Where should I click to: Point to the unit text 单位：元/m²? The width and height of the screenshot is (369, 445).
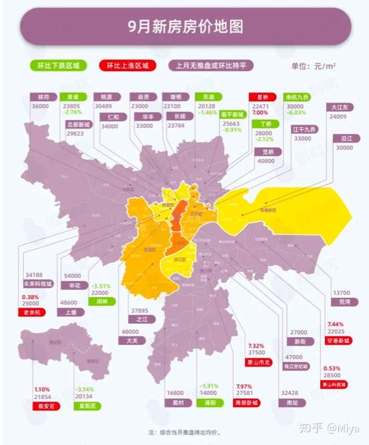(x=314, y=66)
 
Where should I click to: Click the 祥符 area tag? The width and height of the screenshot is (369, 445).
(x=42, y=97)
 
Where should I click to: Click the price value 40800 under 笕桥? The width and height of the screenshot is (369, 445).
(x=267, y=161)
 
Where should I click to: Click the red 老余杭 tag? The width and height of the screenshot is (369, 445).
(x=31, y=312)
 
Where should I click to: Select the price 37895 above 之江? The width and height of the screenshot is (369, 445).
(x=140, y=310)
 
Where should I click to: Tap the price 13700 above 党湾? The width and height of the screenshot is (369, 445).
(x=340, y=292)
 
